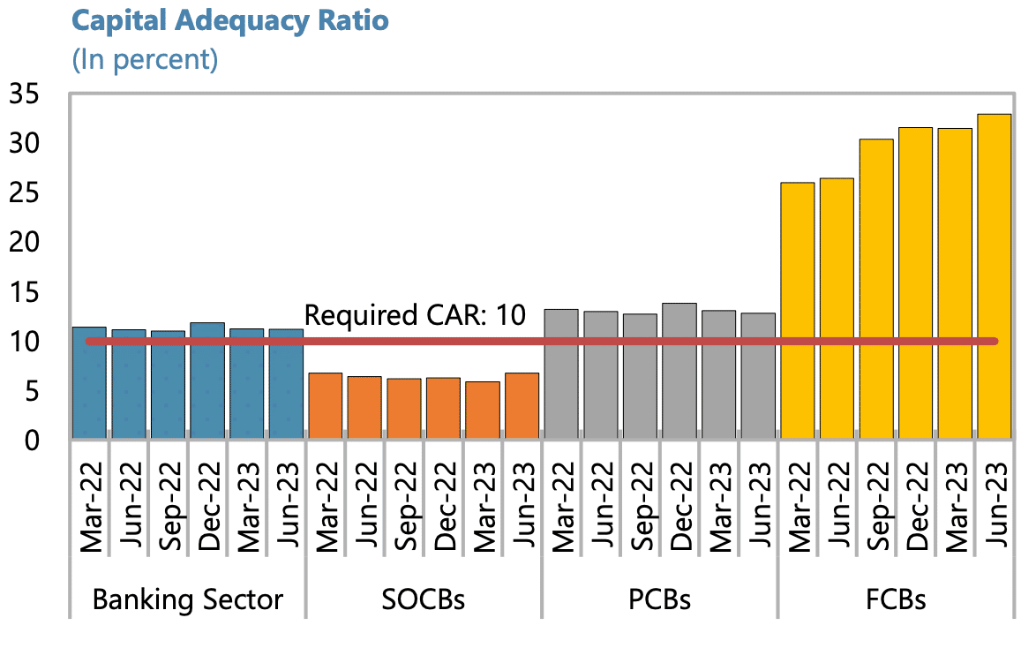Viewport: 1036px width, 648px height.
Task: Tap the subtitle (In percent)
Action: (144, 60)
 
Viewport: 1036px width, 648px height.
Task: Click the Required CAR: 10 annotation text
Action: (414, 315)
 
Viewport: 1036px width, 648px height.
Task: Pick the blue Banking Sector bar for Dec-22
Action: (207, 381)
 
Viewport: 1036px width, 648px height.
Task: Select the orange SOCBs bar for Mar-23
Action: (483, 411)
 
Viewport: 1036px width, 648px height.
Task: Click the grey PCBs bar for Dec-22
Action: (679, 371)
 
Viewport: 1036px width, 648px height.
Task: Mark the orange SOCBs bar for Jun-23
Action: (522, 406)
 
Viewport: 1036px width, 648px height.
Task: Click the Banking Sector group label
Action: (188, 600)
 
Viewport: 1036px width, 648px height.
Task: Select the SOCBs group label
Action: (424, 600)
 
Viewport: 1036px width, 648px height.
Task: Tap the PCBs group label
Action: (659, 600)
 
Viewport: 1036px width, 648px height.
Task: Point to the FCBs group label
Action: (896, 600)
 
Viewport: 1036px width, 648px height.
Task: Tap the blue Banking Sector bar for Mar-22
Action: (89, 383)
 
